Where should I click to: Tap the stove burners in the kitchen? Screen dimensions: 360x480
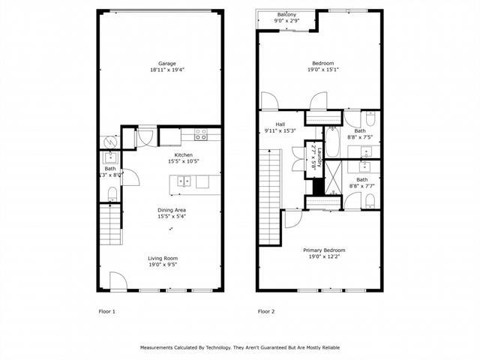pos(201,135)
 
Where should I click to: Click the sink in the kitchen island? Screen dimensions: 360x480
pos(184,181)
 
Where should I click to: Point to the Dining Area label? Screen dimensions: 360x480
pos(172,209)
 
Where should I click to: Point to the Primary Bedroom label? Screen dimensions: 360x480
pos(324,250)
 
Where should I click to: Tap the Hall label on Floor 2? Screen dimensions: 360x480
pos(280,124)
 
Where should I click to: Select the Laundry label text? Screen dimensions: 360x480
pos(319,158)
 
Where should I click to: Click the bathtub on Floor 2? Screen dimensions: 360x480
pos(331,142)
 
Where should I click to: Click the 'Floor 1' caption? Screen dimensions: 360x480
pos(107,310)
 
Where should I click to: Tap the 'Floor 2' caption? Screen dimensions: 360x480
pos(266,310)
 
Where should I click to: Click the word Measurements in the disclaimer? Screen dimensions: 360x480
pos(160,348)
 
